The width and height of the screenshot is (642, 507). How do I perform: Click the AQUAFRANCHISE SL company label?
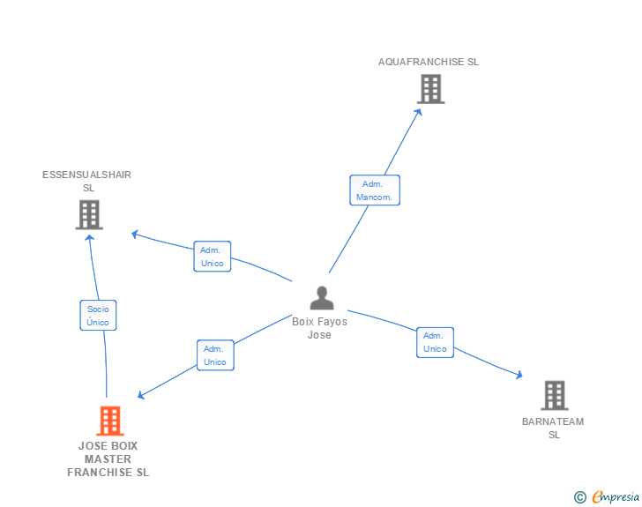pyautogui.click(x=428, y=62)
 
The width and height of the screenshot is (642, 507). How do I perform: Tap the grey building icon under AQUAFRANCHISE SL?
pyautogui.click(x=430, y=89)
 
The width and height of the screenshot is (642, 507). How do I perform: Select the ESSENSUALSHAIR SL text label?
pyautogui.click(x=87, y=181)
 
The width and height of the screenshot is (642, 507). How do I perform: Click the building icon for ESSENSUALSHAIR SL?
pyautogui.click(x=89, y=214)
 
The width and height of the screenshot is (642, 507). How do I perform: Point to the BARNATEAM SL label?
pyautogui.click(x=553, y=428)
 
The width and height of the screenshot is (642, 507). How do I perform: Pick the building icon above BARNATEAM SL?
pyautogui.click(x=554, y=395)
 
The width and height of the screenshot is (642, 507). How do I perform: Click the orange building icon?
pyautogui.click(x=109, y=421)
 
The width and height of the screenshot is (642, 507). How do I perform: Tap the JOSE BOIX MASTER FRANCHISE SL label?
pyautogui.click(x=108, y=459)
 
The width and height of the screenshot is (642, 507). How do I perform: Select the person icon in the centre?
pyautogui.click(x=321, y=298)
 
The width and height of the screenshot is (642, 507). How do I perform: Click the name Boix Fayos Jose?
pyautogui.click(x=319, y=328)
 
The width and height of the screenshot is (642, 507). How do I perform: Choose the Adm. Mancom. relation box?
pyautogui.click(x=376, y=190)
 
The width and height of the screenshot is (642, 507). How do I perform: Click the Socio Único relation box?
pyautogui.click(x=98, y=316)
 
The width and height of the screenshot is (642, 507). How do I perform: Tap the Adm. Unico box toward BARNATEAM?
pyautogui.click(x=435, y=342)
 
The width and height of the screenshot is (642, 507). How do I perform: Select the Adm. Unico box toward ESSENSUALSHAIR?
pyautogui.click(x=212, y=257)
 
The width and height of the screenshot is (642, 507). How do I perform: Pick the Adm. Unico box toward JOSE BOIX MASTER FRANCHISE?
pyautogui.click(x=215, y=355)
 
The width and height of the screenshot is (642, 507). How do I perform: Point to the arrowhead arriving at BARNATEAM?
pyautogui.click(x=519, y=375)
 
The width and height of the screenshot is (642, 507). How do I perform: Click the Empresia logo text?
pyautogui.click(x=616, y=497)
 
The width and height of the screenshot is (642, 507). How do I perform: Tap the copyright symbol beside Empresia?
pyautogui.click(x=580, y=497)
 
